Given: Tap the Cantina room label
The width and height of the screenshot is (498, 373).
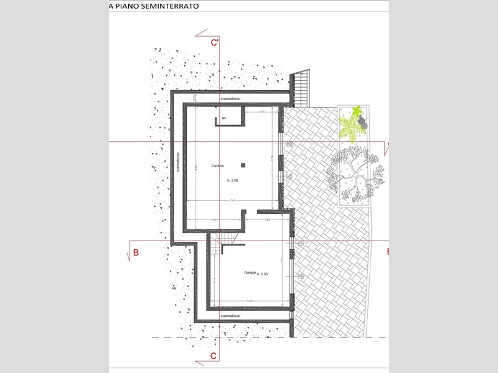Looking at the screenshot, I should tap(217, 165).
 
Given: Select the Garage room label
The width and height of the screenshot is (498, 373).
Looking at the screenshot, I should tap(250, 272).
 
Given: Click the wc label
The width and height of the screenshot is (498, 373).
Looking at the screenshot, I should tap(223, 117).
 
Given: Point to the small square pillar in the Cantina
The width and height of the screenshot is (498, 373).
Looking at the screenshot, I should tap(243, 165).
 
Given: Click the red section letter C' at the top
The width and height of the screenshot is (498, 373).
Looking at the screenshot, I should tap(214, 43).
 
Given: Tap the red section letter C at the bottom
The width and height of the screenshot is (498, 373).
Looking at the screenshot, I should tap(213, 356).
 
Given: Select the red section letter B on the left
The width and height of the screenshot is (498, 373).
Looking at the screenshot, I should tap(136, 252).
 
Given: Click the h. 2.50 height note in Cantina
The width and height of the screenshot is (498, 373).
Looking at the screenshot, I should tap(232, 180).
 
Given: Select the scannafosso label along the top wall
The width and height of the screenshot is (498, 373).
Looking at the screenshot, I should tap(230, 99).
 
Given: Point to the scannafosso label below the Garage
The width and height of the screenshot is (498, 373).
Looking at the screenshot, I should tap(232, 316).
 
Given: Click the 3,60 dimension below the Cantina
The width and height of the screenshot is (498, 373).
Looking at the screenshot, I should tap(266, 219).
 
